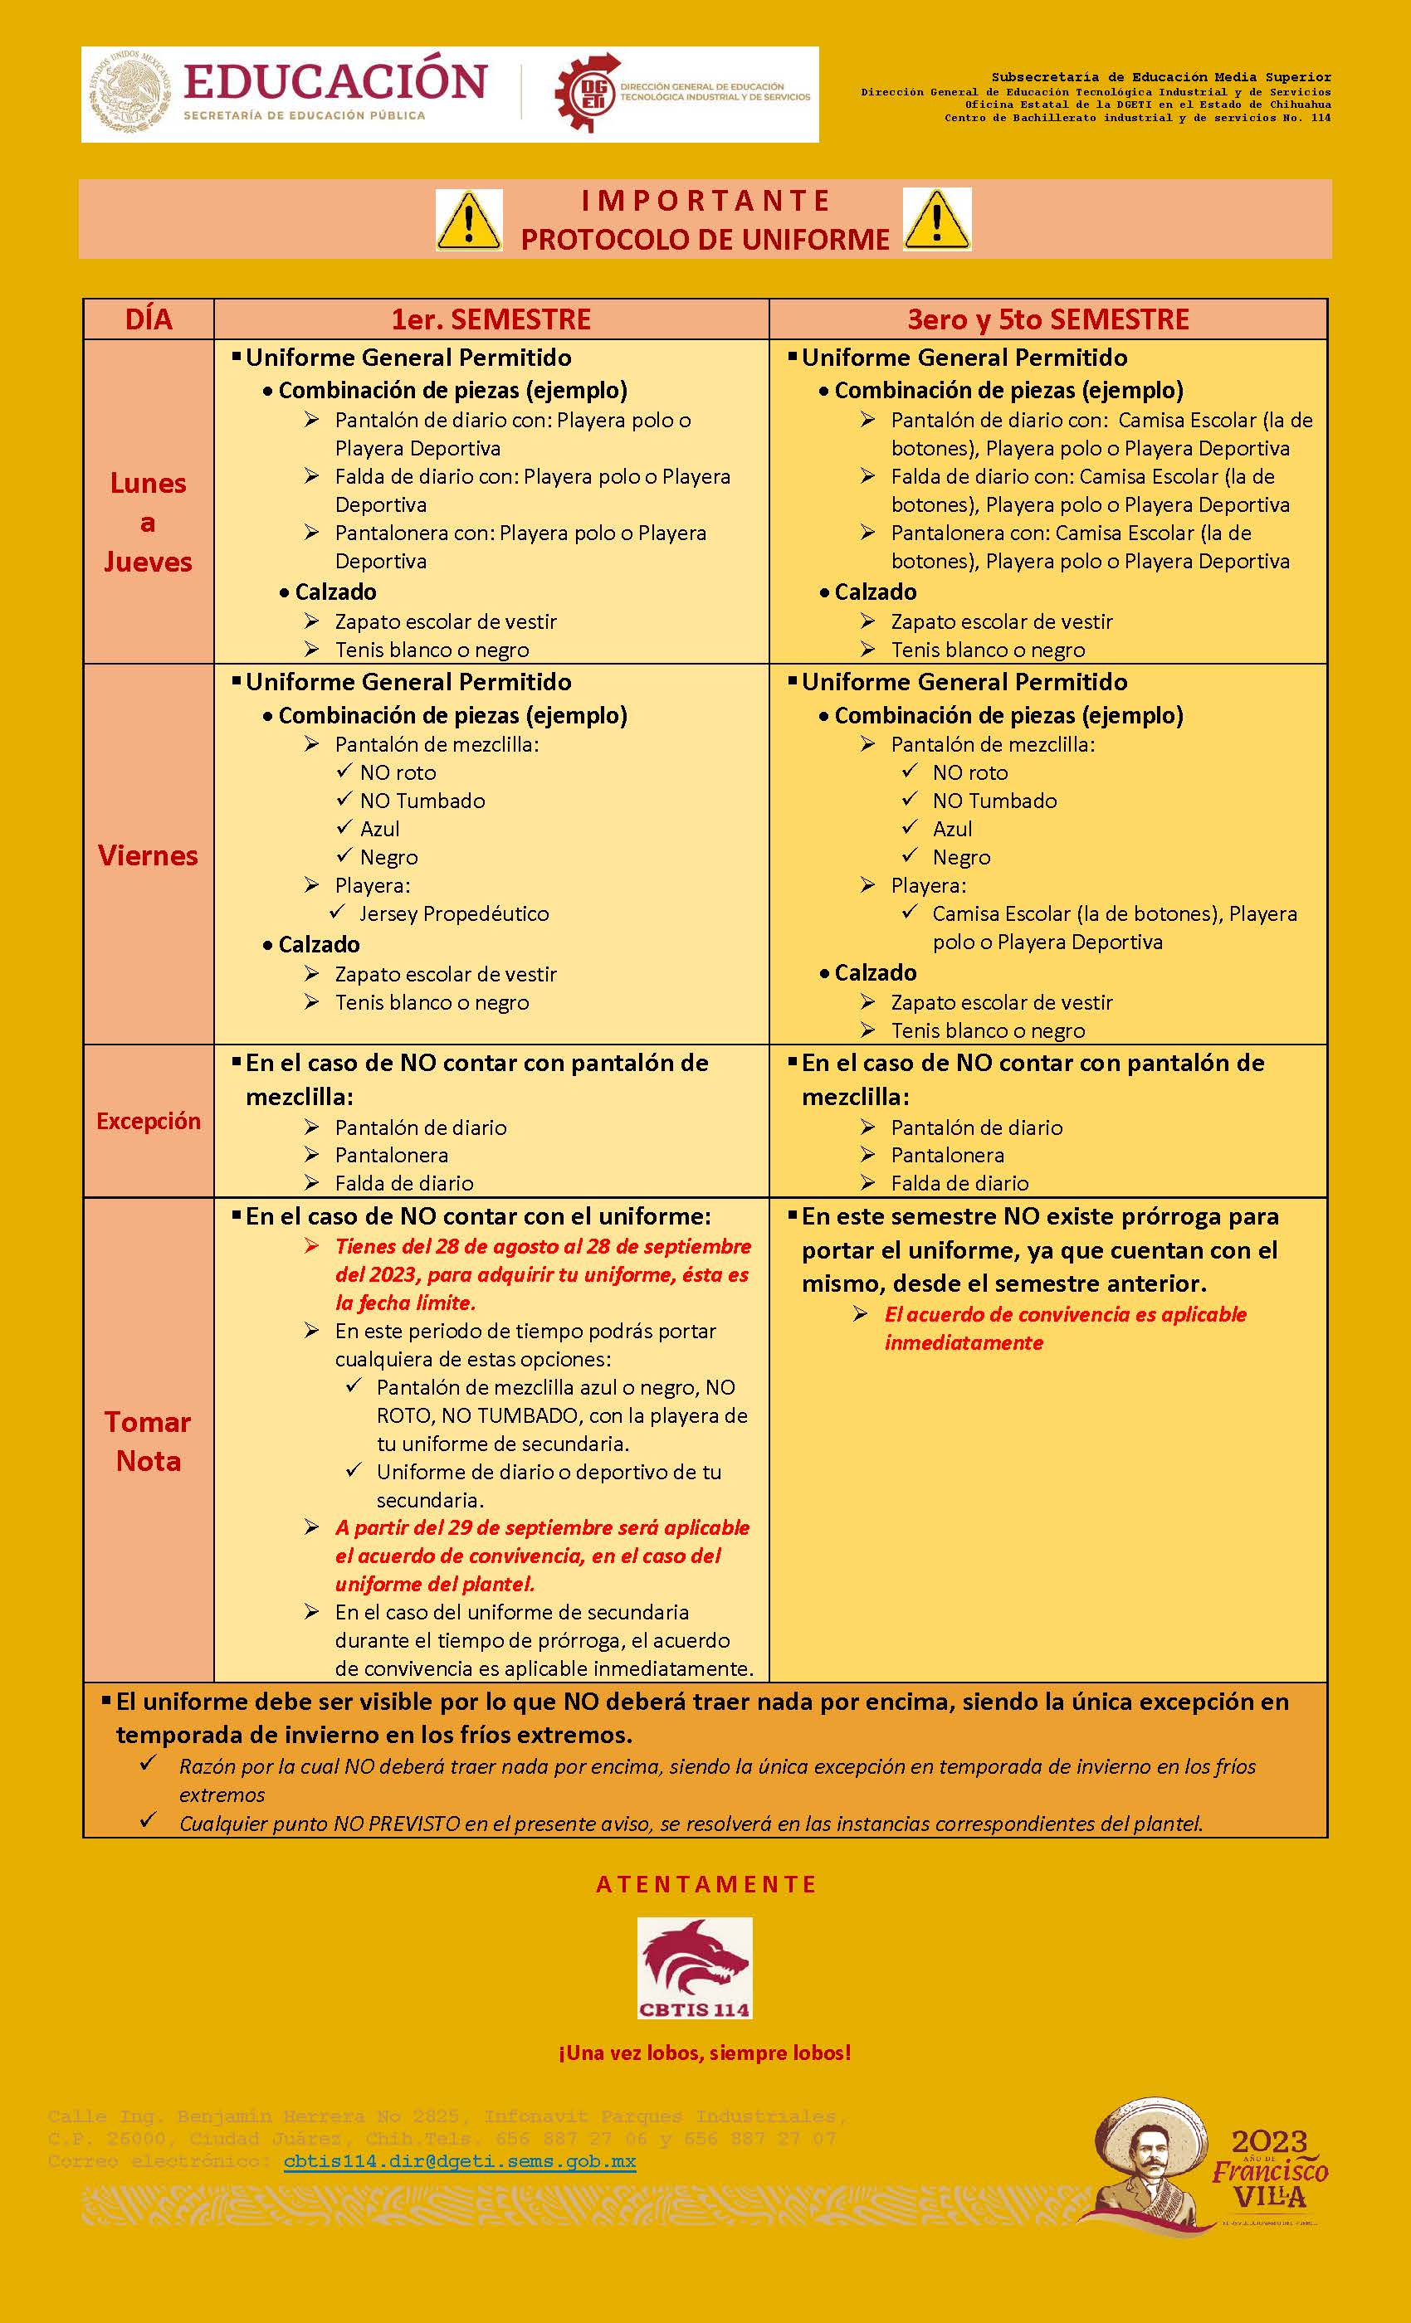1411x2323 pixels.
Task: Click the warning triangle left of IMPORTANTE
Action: [x=469, y=220]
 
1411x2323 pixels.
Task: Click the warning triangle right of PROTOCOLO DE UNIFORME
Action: [x=936, y=220]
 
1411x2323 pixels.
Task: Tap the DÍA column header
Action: [x=149, y=319]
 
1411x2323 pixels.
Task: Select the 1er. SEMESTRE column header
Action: [x=491, y=319]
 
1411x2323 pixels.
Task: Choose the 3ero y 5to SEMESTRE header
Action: [x=1047, y=319]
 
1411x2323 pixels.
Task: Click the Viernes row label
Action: [x=148, y=855]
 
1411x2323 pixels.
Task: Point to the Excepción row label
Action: [x=148, y=1121]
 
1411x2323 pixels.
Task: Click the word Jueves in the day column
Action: [x=148, y=562]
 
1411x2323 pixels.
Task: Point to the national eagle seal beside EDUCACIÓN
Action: [x=127, y=95]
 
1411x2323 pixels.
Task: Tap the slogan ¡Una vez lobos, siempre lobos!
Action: [x=705, y=2053]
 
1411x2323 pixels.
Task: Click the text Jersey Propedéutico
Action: [x=454, y=913]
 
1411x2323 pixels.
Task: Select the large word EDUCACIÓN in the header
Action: [x=334, y=81]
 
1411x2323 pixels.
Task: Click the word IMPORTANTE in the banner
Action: [x=705, y=201]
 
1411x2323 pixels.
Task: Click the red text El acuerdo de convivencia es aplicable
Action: [x=1065, y=1314]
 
